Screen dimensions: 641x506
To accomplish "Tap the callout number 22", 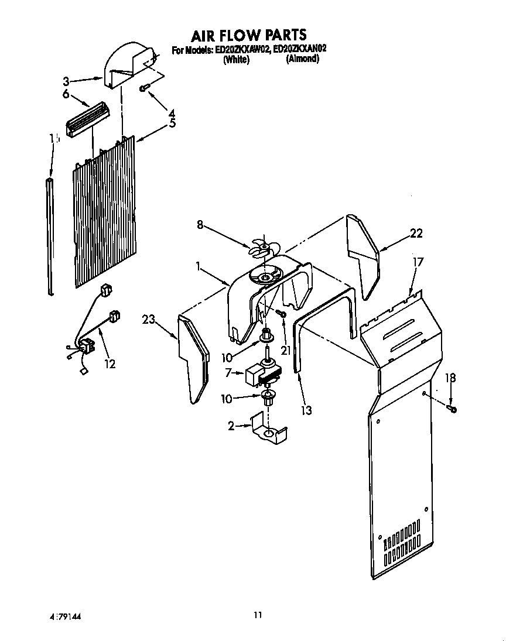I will pos(416,234).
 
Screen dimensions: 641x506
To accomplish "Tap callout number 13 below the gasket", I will pos(306,410).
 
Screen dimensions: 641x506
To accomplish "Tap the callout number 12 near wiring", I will pos(110,364).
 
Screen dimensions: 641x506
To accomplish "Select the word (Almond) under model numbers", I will pos(302,60).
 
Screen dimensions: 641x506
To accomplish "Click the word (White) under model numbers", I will pos(237,60).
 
